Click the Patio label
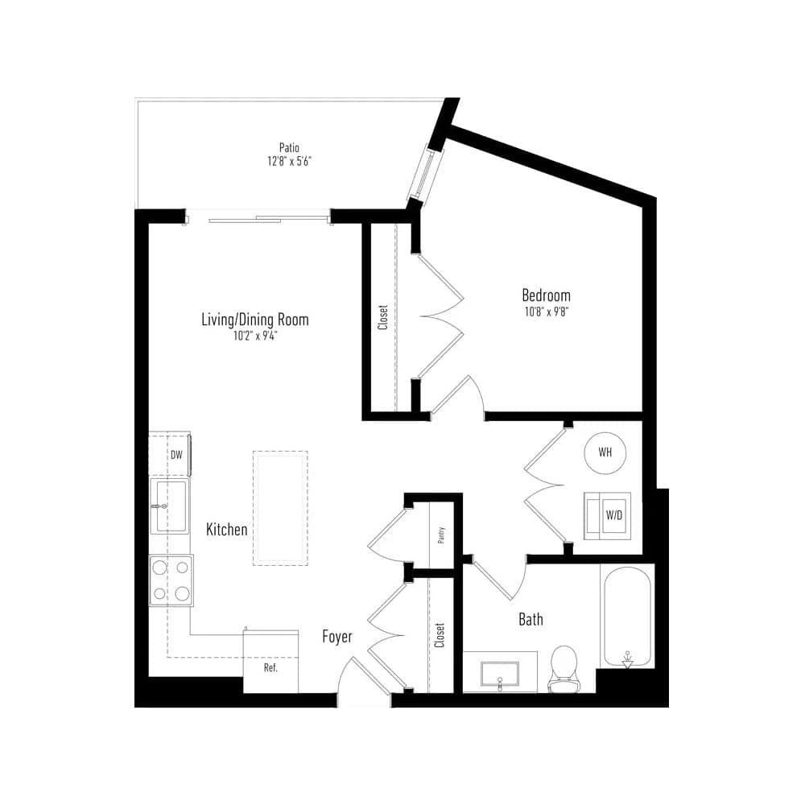[289, 148]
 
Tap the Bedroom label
[546, 295]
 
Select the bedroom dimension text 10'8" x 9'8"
[547, 312]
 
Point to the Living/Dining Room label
[255, 320]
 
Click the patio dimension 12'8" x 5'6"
[290, 161]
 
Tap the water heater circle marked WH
[605, 452]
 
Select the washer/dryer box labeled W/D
[607, 516]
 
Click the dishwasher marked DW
[170, 455]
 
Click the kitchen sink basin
[171, 506]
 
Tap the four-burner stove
[171, 580]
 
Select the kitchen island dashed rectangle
[280, 508]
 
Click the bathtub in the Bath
[627, 616]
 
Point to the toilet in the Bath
[563, 669]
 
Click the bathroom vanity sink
[500, 674]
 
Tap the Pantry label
[441, 535]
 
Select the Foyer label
[337, 637]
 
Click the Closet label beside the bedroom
[383, 317]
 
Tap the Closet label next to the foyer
[440, 635]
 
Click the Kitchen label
[226, 530]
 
